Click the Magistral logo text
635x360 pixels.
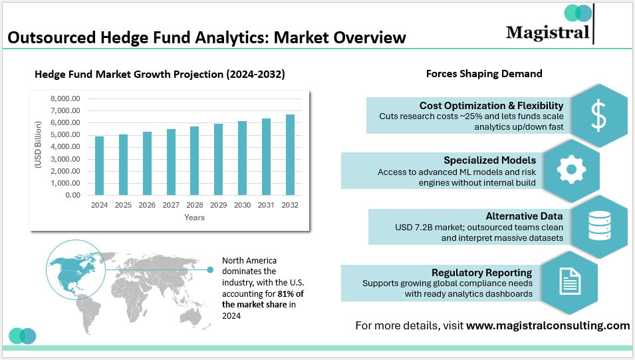pyautogui.click(x=547, y=32)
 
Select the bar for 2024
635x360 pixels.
pyautogui.click(x=99, y=166)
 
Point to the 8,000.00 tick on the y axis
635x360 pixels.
pyautogui.click(x=65, y=98)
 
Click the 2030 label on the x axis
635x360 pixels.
pyautogui.click(x=242, y=205)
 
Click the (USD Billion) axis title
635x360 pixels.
pyautogui.click(x=39, y=147)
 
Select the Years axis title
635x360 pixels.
pyautogui.click(x=194, y=218)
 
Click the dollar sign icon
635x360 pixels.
pyautogui.click(x=599, y=115)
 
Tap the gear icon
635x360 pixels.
pyautogui.click(x=571, y=170)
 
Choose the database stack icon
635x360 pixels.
pyautogui.click(x=599, y=226)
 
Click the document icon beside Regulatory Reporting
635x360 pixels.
pyautogui.click(x=569, y=281)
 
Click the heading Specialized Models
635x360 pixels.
pyautogui.click(x=489, y=160)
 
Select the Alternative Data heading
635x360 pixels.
pyautogui.click(x=524, y=216)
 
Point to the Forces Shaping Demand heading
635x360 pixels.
pyautogui.click(x=484, y=74)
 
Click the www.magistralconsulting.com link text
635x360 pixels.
pyautogui.click(x=547, y=325)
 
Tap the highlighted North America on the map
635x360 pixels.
pyautogui.click(x=70, y=266)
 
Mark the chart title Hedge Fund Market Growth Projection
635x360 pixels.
pyautogui.click(x=160, y=75)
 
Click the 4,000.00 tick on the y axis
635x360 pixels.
pyautogui.click(x=65, y=147)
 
